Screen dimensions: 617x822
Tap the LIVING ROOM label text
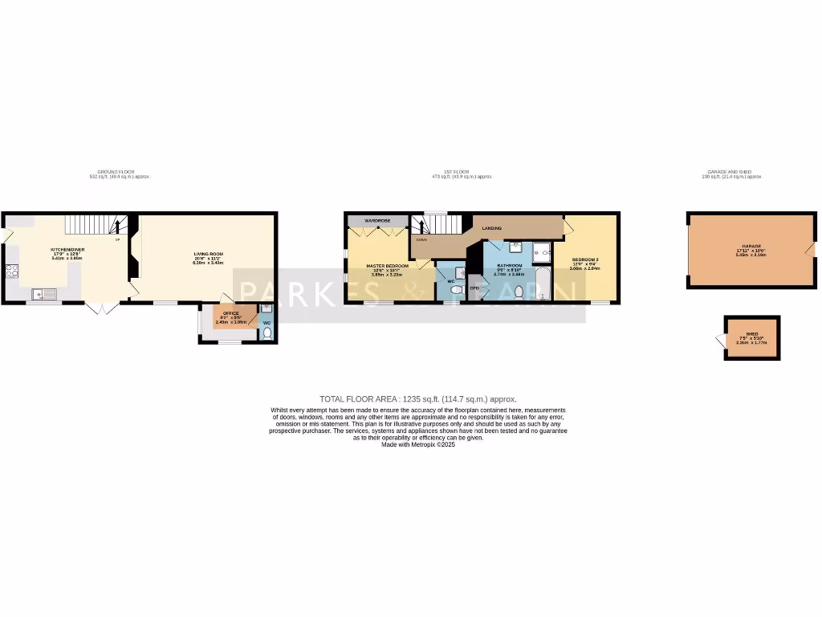[x=207, y=254]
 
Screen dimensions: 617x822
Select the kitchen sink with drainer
[x=45, y=295]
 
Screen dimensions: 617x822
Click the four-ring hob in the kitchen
[x=12, y=272]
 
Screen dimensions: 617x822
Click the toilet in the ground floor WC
[x=267, y=333]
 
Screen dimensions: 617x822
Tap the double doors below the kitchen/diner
[x=102, y=308]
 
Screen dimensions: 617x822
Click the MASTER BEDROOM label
[x=388, y=265]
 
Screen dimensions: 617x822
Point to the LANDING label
[x=491, y=229]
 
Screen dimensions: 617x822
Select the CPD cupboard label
[x=474, y=288]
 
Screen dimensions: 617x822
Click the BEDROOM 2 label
[x=584, y=259]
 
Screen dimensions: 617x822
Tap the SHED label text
[x=752, y=333]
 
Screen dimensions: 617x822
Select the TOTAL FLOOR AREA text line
[x=418, y=398]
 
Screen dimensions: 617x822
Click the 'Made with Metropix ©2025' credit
[x=418, y=444]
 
